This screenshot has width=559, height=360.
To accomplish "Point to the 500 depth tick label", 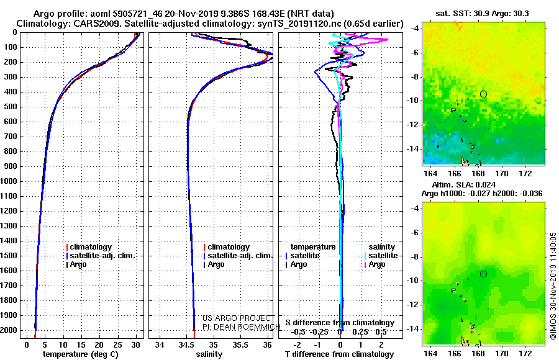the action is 11,107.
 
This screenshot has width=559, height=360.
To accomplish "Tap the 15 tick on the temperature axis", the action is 81,344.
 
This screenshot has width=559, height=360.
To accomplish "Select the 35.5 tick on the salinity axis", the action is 240,344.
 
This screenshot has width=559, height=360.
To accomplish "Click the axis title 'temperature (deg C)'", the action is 81,354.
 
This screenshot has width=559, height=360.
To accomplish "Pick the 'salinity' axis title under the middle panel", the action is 209,354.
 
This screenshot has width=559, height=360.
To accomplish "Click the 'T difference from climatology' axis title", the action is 339,354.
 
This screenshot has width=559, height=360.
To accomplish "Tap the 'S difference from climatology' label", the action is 340,323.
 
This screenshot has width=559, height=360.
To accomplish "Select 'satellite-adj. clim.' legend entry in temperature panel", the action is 101,256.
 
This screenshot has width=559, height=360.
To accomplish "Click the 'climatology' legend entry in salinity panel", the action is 226,246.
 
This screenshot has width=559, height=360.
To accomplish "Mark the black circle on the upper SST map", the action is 483,94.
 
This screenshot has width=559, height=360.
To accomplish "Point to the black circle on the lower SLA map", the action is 483,274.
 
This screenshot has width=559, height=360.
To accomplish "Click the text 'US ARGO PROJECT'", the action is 237,318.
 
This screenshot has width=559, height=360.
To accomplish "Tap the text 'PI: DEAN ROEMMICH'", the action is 242,327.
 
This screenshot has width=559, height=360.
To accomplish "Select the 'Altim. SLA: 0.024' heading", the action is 463,184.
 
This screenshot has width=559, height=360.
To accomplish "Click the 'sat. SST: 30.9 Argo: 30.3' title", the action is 482,14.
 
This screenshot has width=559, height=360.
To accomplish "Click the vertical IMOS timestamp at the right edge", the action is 553,286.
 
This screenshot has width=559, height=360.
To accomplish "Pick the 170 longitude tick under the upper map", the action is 502,174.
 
